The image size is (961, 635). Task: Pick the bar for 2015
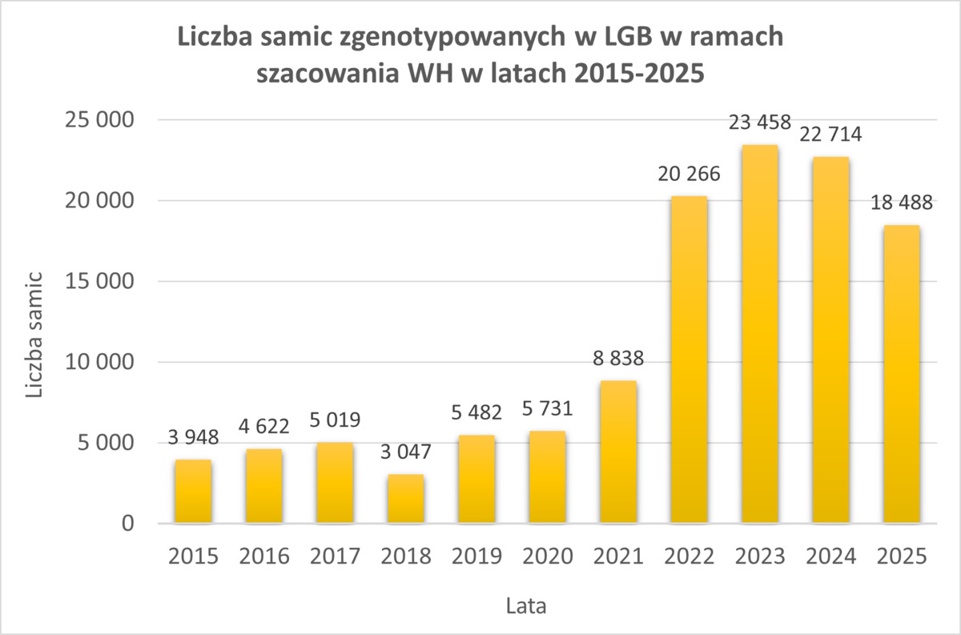tap(193, 492)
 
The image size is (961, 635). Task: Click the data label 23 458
tap(759, 123)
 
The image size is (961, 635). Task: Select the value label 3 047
tap(405, 452)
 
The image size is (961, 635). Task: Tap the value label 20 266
tap(689, 174)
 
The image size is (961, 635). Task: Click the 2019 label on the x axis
tap(476, 556)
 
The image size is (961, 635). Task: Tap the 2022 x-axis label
tap(689, 556)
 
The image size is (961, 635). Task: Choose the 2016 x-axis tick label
tap(263, 556)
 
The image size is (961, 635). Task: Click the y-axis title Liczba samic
tap(35, 335)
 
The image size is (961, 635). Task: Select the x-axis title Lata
tap(527, 606)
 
